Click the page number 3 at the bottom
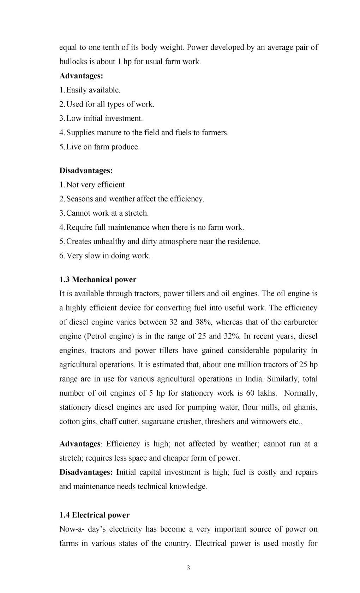188,568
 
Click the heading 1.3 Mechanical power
97,280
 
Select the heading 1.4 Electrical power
94,515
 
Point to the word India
254,379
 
